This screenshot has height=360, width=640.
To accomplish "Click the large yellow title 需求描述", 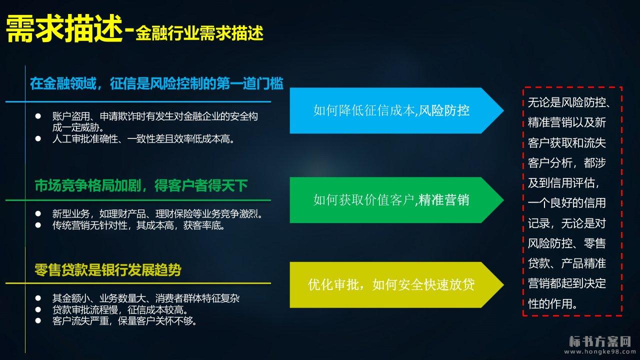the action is (x=64, y=29).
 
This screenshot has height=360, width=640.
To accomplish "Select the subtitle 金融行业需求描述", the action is (x=199, y=33).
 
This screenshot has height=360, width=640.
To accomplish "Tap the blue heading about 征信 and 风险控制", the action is (x=156, y=83).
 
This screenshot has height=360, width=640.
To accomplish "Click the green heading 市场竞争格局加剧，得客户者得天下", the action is (x=141, y=185).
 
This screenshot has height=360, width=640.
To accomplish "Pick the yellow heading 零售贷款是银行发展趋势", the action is (x=107, y=269).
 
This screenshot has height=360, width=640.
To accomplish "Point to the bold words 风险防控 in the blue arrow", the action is (x=443, y=110).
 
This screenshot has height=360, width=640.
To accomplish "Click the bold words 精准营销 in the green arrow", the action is (x=443, y=200).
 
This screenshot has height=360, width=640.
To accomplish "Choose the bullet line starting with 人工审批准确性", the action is (x=143, y=139).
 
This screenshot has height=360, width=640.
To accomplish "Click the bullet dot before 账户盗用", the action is (x=38, y=116).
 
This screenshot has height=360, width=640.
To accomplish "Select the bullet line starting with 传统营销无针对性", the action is (x=138, y=225).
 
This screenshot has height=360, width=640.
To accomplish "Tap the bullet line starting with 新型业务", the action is (x=157, y=213).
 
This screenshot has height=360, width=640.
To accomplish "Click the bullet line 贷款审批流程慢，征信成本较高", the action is (x=120, y=309).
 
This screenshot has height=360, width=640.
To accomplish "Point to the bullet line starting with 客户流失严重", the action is (x=124, y=321).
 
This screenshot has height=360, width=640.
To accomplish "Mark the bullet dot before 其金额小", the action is (x=38, y=298).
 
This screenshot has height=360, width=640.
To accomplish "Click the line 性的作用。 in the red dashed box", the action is (x=552, y=303).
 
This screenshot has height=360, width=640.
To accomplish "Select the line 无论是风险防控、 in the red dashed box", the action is (x=569, y=102).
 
